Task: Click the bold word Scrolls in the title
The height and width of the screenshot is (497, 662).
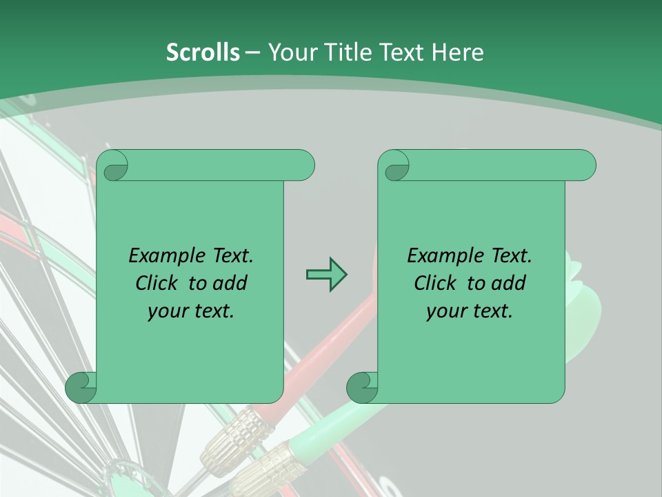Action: pos(203,52)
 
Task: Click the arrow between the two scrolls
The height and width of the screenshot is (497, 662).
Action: pos(326,275)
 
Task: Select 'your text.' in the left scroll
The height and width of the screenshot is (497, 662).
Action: pos(191,311)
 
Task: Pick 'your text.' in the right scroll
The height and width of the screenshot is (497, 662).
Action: pos(470,311)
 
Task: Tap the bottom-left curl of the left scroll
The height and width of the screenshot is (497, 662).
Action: pos(81,387)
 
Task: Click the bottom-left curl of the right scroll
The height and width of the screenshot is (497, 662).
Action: pos(362,387)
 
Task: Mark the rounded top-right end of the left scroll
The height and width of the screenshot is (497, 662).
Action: pos(303,165)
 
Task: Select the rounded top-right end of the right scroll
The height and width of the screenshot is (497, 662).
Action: pos(585,165)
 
